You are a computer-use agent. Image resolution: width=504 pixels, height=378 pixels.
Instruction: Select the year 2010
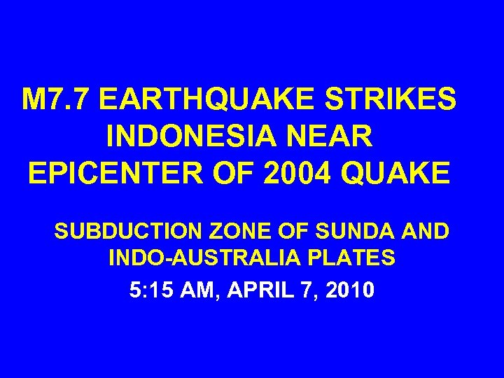350,289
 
